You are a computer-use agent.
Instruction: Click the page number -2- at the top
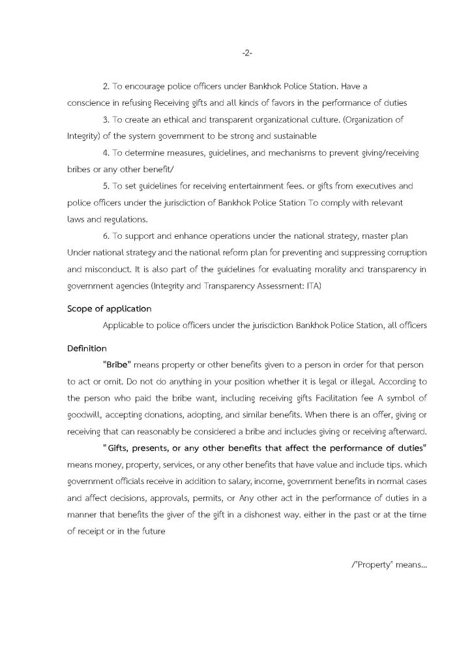point(246,52)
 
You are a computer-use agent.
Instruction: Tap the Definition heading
point(87,349)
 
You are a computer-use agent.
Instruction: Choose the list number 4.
point(108,152)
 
